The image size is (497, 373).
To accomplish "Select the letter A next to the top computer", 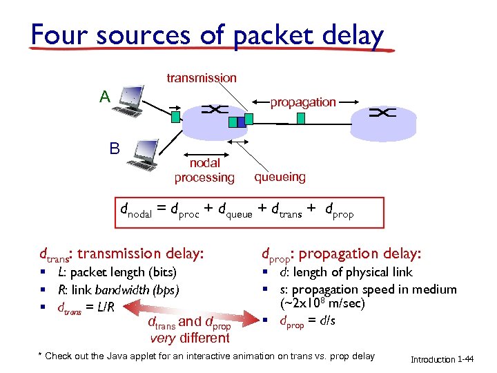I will pos(104,97).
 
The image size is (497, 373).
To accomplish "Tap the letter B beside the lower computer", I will pos(115,148).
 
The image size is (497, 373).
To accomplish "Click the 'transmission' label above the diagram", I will pos(202,79).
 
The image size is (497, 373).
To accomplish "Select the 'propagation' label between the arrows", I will pos(303,102).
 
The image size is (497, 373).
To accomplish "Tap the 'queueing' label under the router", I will pos(280,177).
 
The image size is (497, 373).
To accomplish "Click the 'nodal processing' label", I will pos(204,171).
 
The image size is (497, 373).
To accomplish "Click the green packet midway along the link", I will pos(300,118).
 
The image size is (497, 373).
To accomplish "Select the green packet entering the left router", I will pos(175,117).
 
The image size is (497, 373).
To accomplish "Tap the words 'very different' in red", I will pos(190,338).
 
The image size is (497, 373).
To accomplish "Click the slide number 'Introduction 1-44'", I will pos(442,360).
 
